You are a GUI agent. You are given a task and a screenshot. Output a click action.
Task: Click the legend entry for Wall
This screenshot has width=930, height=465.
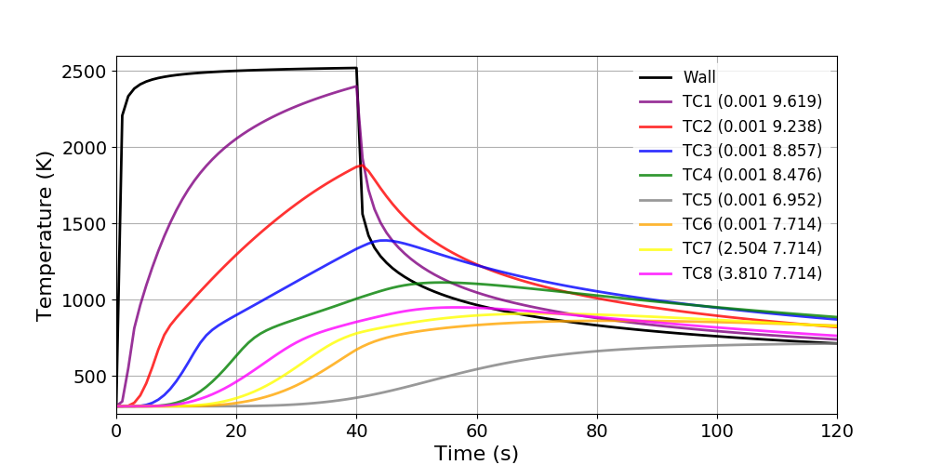tap(699, 77)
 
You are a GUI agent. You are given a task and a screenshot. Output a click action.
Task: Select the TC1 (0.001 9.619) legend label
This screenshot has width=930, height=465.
tap(751, 101)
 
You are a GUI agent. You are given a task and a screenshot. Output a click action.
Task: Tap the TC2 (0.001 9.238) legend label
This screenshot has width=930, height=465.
tap(751, 126)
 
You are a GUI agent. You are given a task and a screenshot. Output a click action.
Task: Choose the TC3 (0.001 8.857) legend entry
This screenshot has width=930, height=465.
tap(751, 150)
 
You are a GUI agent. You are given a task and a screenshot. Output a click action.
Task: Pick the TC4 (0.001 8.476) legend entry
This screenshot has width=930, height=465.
tap(751, 175)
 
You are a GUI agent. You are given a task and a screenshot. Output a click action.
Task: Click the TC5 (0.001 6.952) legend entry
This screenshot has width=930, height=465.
tap(751, 199)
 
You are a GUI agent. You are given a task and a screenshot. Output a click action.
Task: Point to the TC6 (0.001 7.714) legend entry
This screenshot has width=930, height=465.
tap(751, 223)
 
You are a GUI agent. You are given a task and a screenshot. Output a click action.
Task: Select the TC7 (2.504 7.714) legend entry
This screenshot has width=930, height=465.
tap(751, 248)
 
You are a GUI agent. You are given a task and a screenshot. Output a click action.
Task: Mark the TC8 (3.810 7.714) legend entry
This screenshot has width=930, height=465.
tap(751, 272)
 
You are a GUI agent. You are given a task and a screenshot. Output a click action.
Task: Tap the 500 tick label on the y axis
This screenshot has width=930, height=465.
tap(91, 377)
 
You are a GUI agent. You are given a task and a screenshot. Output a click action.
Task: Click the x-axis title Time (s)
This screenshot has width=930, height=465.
tap(476, 453)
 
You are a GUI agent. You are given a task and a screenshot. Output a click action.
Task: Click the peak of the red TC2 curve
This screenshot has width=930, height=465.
tap(361, 166)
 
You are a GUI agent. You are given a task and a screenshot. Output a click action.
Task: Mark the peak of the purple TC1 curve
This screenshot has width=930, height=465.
tap(356, 86)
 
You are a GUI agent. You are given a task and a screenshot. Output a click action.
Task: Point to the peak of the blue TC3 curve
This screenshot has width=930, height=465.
tap(384, 240)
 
